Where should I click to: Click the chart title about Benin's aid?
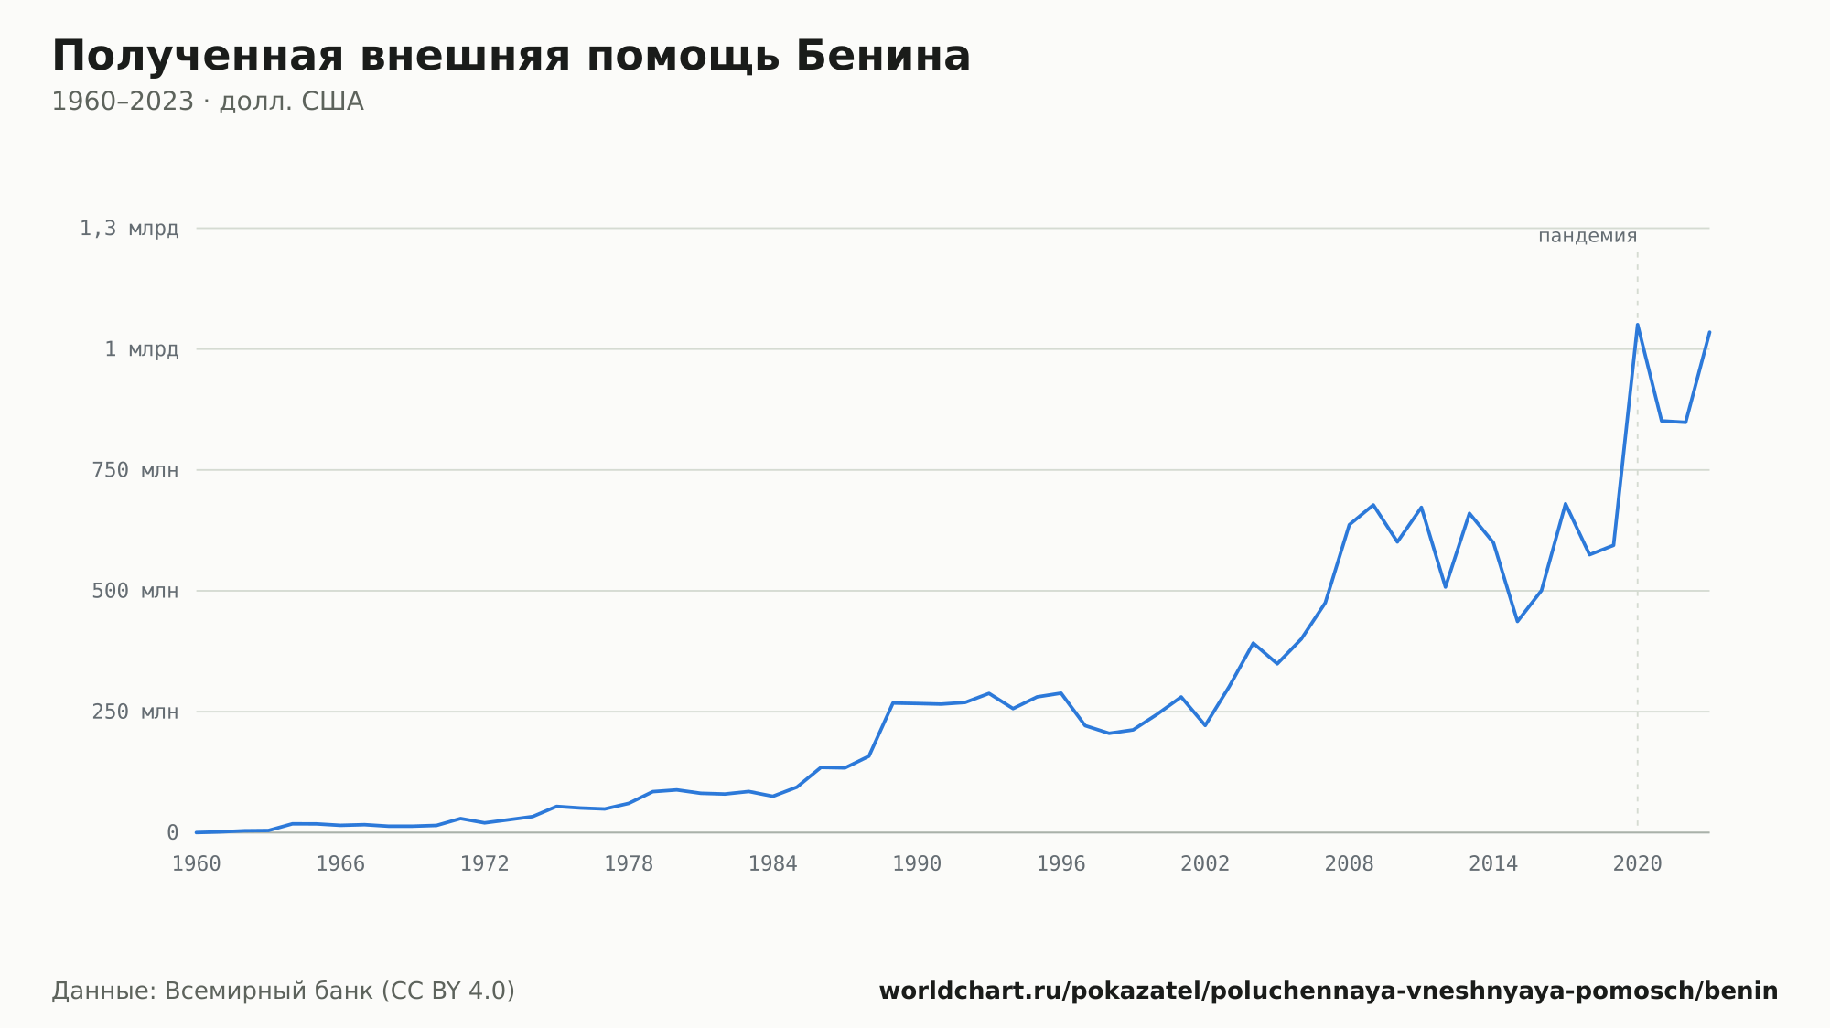[x=511, y=56]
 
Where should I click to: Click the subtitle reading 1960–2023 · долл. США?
[x=208, y=102]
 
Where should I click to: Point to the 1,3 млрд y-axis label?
[x=129, y=229]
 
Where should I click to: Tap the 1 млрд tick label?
[x=141, y=349]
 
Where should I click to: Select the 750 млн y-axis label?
[x=135, y=470]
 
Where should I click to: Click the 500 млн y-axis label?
[x=135, y=591]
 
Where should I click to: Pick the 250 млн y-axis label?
[x=135, y=712]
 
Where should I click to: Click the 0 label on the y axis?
[x=172, y=832]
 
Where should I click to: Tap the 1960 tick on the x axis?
[x=197, y=864]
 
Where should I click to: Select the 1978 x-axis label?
[x=629, y=864]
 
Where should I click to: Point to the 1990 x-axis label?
[x=917, y=864]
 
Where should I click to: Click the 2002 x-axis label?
[x=1205, y=864]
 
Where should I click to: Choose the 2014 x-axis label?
[x=1493, y=864]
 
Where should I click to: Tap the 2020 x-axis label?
[x=1638, y=864]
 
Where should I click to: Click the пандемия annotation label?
[x=1588, y=236]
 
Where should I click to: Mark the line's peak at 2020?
[x=1638, y=325]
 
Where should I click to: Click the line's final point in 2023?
[x=1709, y=332]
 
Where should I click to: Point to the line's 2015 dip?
[x=1517, y=622]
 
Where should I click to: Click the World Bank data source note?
[x=284, y=991]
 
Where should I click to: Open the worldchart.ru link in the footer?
[x=1329, y=991]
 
